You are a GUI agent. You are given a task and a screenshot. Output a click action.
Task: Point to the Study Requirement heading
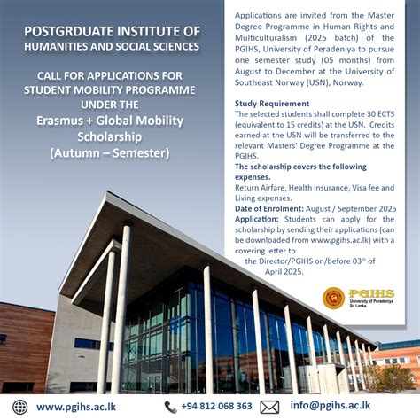point(272,103)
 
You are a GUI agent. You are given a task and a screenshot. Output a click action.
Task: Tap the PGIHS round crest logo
point(334,299)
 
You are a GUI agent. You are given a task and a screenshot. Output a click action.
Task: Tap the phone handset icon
point(170,407)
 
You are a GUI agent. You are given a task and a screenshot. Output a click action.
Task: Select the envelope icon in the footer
point(270,407)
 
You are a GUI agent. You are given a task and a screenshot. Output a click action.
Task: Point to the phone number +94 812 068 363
point(218,407)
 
